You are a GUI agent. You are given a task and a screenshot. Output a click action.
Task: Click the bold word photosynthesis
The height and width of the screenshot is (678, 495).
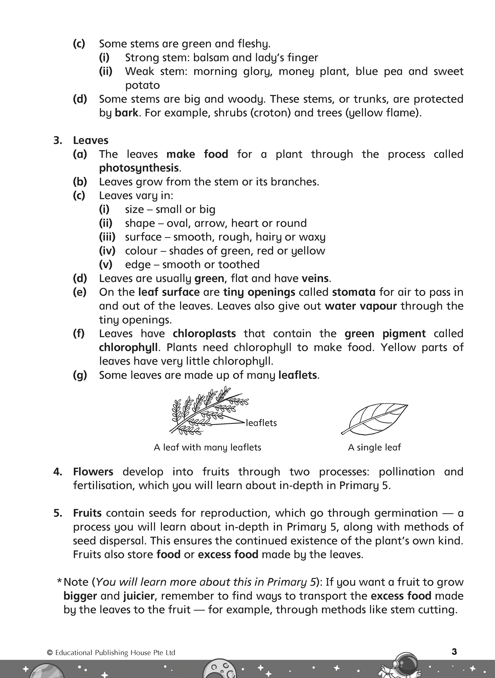tap(139, 168)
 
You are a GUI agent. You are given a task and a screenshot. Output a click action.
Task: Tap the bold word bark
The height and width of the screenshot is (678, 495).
tap(126, 113)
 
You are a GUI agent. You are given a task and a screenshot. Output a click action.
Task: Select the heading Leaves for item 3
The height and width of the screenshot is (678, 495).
tap(90, 140)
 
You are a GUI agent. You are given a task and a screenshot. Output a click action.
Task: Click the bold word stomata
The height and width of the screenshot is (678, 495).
tap(354, 292)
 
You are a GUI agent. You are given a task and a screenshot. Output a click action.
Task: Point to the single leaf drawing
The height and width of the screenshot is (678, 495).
tap(375, 418)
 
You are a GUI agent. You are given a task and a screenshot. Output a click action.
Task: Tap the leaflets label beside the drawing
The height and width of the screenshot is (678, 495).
tap(261, 423)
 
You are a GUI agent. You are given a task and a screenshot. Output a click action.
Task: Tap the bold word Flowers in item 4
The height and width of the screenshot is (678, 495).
tap(93, 472)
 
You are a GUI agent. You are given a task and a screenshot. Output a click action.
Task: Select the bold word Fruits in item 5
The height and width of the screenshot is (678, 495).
tap(87, 513)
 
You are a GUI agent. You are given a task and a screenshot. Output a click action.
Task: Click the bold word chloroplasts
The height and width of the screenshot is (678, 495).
tap(204, 334)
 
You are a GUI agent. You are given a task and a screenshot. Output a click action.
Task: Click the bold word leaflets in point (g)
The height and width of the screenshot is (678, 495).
tap(298, 375)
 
